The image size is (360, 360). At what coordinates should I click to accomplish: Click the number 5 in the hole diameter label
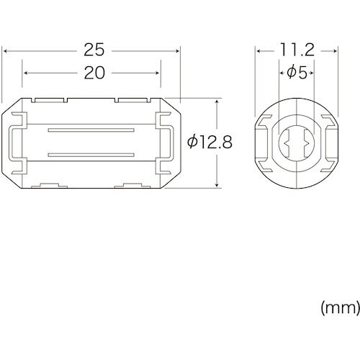(x=303, y=73)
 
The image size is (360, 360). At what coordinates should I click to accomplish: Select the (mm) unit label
(x=339, y=307)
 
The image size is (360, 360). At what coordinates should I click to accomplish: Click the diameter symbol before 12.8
(x=192, y=142)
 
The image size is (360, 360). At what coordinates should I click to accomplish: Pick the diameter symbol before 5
(x=291, y=73)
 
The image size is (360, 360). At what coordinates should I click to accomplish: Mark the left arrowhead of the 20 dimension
(x=26, y=73)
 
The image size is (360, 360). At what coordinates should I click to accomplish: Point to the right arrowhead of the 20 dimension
(x=158, y=73)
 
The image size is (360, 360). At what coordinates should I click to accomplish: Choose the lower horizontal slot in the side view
(x=91, y=154)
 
